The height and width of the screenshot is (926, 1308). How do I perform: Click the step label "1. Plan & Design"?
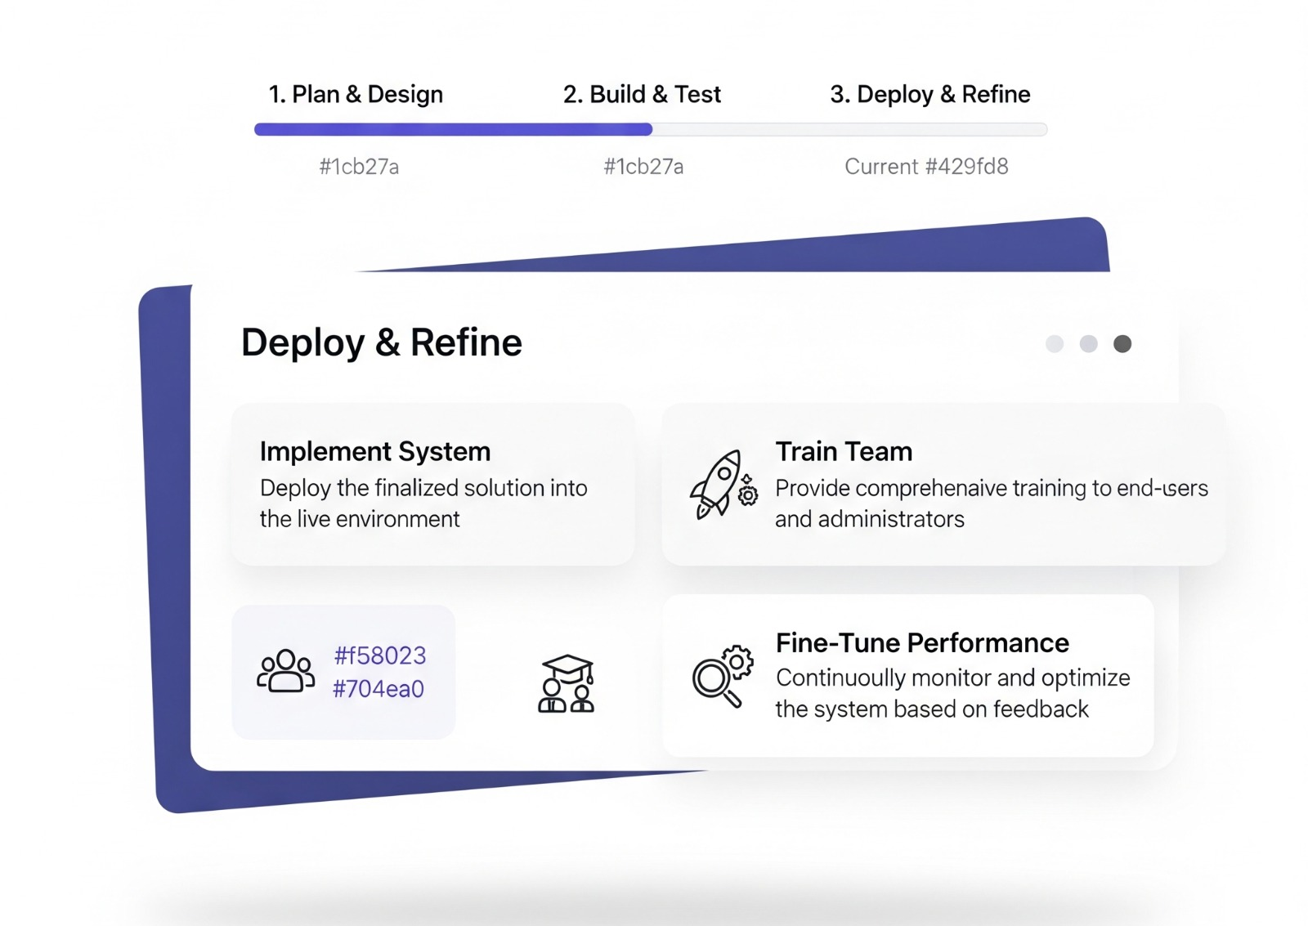[x=356, y=95]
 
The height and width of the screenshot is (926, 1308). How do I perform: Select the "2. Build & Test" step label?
[x=642, y=95]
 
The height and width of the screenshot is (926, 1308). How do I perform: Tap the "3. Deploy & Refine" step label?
[x=929, y=95]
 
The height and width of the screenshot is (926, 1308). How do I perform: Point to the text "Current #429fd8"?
[x=926, y=167]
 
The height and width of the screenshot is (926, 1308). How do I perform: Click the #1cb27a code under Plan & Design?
[x=359, y=167]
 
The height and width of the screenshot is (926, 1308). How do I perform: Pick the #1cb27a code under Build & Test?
[x=643, y=167]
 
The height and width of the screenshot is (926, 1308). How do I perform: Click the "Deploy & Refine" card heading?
[x=381, y=342]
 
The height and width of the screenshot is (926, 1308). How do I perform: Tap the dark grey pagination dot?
[x=1122, y=344]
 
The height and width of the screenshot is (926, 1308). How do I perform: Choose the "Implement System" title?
[x=375, y=451]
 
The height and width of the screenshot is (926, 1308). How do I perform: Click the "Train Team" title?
[x=844, y=451]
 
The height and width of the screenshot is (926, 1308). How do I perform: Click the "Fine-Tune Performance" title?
[x=922, y=643]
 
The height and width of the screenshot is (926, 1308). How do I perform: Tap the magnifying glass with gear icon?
[x=722, y=675]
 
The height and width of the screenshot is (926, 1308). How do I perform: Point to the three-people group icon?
[x=285, y=672]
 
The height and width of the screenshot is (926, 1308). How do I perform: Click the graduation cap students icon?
[x=566, y=683]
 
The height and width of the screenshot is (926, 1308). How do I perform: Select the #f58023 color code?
[x=380, y=655]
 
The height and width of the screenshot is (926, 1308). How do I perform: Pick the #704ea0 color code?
[x=379, y=689]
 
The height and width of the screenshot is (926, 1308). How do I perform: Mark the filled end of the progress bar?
[x=649, y=129]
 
